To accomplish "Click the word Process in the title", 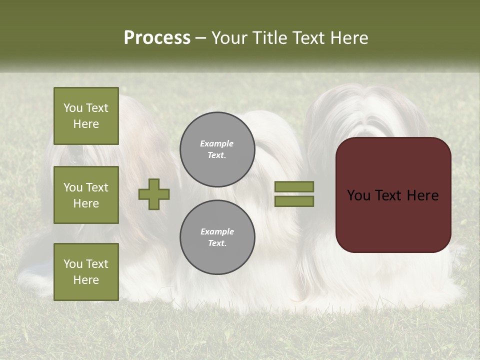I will [x=157, y=38].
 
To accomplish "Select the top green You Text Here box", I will [x=86, y=116].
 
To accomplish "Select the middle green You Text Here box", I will [x=86, y=195].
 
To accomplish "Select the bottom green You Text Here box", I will [x=86, y=271].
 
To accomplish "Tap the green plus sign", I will [x=154, y=194].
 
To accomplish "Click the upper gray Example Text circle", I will [x=217, y=149].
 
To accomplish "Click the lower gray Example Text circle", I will [x=217, y=237].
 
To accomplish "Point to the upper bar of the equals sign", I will [x=294, y=186].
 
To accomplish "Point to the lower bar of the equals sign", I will [x=294, y=201].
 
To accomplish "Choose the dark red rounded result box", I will [x=393, y=194].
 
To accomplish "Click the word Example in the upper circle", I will [x=217, y=143].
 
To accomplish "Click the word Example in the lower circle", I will [x=217, y=231].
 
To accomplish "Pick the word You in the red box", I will [x=358, y=195].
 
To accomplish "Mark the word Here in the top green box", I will [x=86, y=124].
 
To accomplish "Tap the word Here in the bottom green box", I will [x=86, y=280].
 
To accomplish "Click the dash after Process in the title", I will [x=200, y=38].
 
